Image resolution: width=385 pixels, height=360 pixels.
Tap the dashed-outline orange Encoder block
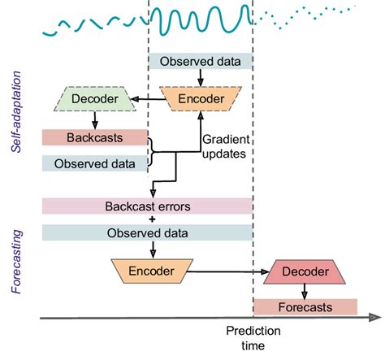tap(200, 99)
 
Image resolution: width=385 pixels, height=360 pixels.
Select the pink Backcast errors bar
tap(148, 206)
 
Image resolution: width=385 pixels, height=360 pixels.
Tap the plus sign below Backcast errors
tap(148, 219)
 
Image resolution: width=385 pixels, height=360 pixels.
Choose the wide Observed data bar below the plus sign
tap(148, 232)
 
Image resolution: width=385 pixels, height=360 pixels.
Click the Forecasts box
tap(305, 307)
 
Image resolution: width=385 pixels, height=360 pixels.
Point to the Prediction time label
tap(253, 337)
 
